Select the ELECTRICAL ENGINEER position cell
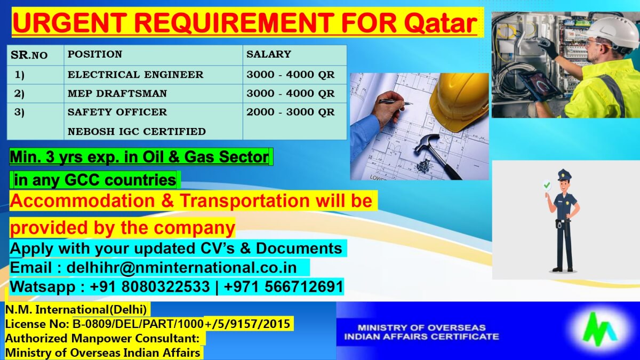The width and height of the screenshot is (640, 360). click(135, 75)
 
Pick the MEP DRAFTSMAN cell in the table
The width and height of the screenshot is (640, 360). click(117, 93)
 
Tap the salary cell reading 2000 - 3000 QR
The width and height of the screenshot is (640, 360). click(290, 112)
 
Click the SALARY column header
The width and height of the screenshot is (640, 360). click(268, 54)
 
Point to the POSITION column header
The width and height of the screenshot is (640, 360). click(94, 54)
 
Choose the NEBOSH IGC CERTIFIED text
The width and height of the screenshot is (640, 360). click(136, 131)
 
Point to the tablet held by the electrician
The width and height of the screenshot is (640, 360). click(539, 85)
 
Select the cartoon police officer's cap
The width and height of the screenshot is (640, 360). click(564, 175)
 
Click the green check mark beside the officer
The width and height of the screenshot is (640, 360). click(546, 185)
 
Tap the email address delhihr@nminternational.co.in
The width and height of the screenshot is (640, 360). click(188, 267)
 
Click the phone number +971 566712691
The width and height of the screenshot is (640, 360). click(284, 286)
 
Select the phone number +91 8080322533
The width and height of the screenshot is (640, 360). click(150, 286)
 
